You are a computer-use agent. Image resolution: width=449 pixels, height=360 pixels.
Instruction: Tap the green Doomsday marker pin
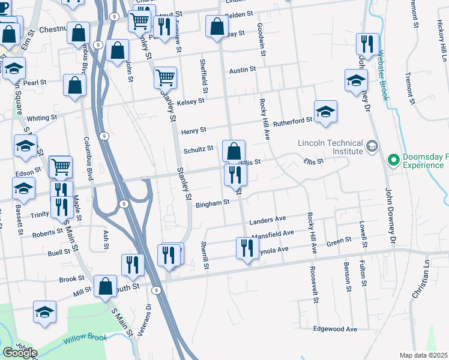[394, 160]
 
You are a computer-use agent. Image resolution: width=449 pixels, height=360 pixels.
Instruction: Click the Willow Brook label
[85, 338]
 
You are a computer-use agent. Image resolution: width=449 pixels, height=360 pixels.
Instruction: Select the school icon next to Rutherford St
[325, 112]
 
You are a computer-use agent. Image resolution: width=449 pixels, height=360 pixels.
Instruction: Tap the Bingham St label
[212, 203]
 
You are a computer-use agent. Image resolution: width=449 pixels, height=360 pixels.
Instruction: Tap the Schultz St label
[199, 148]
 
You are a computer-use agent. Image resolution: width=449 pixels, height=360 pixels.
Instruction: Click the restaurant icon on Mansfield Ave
[247, 248]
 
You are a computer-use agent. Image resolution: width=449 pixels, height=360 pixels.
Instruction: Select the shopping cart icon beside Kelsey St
[165, 77]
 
